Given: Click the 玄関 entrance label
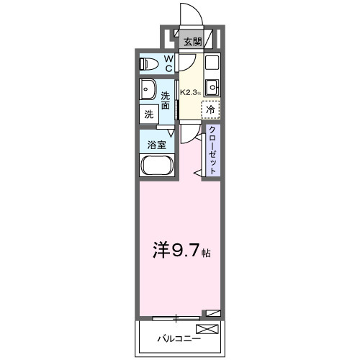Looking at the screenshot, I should click(x=192, y=42).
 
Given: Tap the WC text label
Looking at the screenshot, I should click(x=168, y=63).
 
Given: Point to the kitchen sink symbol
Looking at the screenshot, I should click(x=212, y=88).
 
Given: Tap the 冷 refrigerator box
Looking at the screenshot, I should click(x=210, y=110).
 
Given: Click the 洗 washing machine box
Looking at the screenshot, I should click(x=148, y=114).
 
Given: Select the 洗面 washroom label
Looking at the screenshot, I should click(x=166, y=100).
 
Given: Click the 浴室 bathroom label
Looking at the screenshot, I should click(x=156, y=143).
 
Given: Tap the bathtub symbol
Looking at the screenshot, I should click(x=156, y=167).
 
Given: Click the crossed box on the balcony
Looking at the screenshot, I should click(x=207, y=330).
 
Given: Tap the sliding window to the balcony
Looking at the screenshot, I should click(x=176, y=316).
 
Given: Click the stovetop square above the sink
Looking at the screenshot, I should click(x=212, y=63).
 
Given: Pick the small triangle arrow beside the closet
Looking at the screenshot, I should click(x=196, y=173).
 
